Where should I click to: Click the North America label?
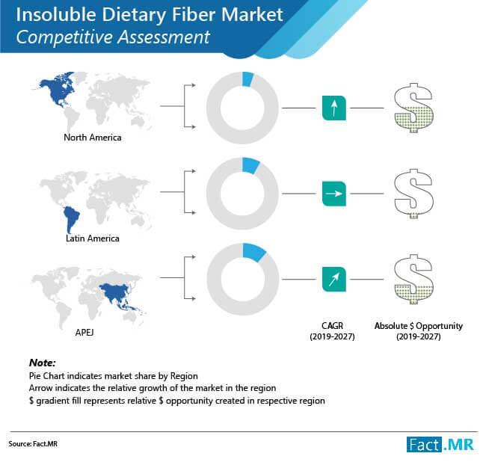pyautogui.click(x=93, y=138)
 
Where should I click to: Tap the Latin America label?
pyautogui.click(x=93, y=238)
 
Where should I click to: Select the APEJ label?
pyautogui.click(x=84, y=333)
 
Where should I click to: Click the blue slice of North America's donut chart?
pyautogui.click(x=247, y=79)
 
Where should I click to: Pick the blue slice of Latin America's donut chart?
pyautogui.click(x=250, y=165)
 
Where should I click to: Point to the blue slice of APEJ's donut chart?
pyautogui.click(x=253, y=252)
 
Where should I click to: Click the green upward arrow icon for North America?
pyautogui.click(x=333, y=108)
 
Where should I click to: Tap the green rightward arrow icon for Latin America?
pyautogui.click(x=333, y=194)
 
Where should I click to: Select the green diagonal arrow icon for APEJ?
pyautogui.click(x=333, y=280)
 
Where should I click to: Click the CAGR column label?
pyautogui.click(x=332, y=331)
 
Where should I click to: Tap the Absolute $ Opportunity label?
pyautogui.click(x=419, y=331)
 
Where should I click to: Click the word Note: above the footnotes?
pyautogui.click(x=42, y=363)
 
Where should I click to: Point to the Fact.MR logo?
pyautogui.click(x=440, y=445)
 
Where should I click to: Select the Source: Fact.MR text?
pyautogui.click(x=33, y=444)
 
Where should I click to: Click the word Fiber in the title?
pyautogui.click(x=194, y=15)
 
